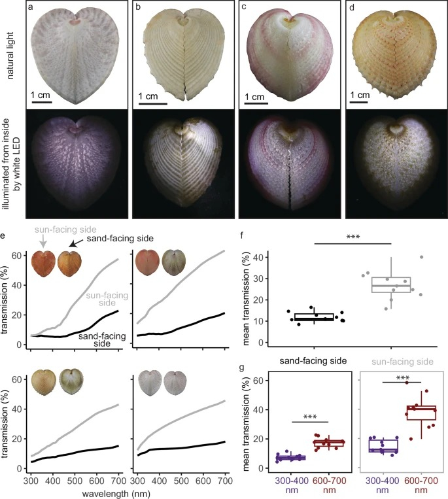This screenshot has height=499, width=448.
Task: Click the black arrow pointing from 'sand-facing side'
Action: pyautogui.click(x=78, y=243)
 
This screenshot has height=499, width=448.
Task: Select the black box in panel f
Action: pyautogui.click(x=314, y=318)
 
